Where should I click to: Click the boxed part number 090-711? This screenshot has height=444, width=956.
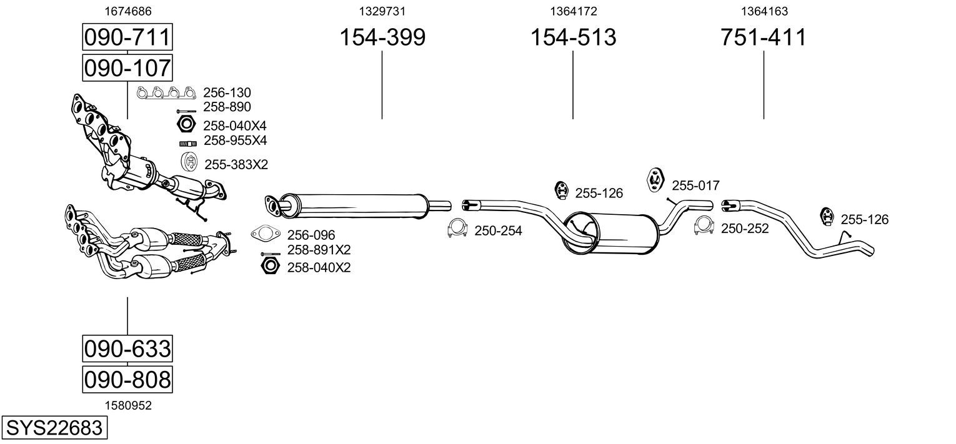[x=127, y=37]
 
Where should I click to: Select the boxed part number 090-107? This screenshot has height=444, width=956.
[x=127, y=67]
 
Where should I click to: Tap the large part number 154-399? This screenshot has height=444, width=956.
[x=382, y=37]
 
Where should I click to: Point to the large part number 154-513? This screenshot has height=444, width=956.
[x=573, y=37]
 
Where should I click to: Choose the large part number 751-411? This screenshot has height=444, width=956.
[x=764, y=37]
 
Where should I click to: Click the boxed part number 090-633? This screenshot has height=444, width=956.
[x=127, y=348]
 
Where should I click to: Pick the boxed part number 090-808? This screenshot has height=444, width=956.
[x=127, y=379]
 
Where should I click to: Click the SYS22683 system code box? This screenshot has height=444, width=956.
[x=54, y=428]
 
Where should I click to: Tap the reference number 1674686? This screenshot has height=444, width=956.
[x=128, y=11]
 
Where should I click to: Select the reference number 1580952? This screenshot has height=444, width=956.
[x=128, y=405]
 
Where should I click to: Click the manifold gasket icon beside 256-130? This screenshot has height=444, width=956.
[x=166, y=92]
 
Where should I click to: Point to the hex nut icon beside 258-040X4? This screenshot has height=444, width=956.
[x=186, y=124]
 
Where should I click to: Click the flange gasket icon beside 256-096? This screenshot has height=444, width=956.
[x=266, y=234]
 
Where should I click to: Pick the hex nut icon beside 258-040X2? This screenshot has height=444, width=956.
[x=270, y=266]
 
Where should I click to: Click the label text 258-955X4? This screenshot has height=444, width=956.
[x=235, y=141]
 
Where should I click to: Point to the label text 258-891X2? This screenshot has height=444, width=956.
[x=319, y=250]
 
